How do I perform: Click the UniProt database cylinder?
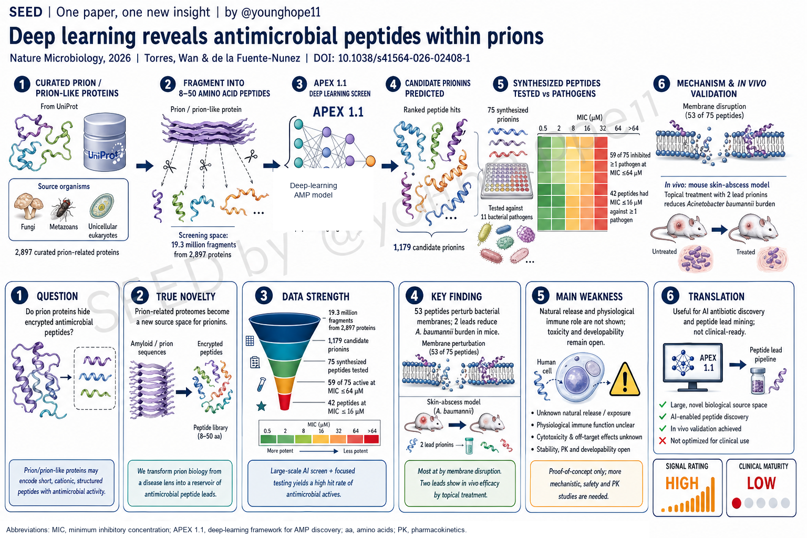coord(105,142)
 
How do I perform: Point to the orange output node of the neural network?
coord(370,161)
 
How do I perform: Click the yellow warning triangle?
coord(625,380)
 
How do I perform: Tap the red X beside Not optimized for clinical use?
coord(662,440)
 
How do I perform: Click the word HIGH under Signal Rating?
coord(682,483)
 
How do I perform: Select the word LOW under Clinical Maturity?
coord(761,483)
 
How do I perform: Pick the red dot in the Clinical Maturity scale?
coord(737,503)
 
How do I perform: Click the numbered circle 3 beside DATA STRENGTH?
coord(264,296)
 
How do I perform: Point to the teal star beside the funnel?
coord(261,407)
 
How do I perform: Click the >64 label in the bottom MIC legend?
coord(372,431)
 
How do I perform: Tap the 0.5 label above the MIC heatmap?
coord(543,128)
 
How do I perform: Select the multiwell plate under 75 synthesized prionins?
coord(507,181)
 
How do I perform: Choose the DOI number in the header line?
coord(404,58)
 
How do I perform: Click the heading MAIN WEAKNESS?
coord(589,296)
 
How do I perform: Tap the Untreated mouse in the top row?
coord(674,227)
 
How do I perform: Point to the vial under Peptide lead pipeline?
coord(758,381)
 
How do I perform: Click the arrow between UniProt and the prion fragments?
coord(145,165)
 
